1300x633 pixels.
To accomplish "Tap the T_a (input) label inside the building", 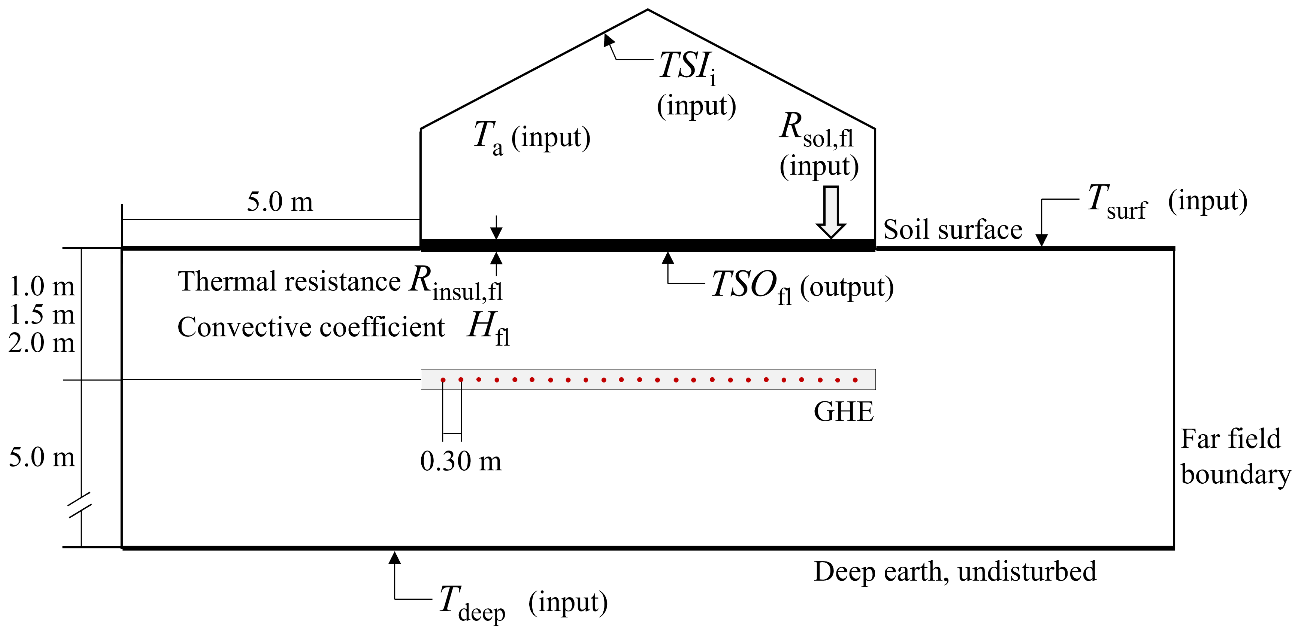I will point(531,137).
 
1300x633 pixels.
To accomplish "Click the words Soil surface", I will point(952,230).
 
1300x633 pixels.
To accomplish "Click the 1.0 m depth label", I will point(42,286).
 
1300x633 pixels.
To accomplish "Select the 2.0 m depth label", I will point(42,343).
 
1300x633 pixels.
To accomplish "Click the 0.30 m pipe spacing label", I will point(461,461).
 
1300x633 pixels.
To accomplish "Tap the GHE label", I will point(843,412).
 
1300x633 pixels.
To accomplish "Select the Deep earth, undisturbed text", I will point(955,571).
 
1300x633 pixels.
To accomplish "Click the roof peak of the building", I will point(647,10).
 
